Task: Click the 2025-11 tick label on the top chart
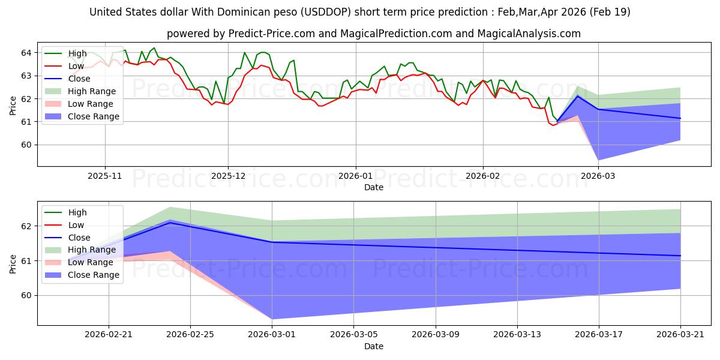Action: [x=105, y=176]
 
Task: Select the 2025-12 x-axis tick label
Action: [x=228, y=176]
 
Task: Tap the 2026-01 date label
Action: [x=355, y=176]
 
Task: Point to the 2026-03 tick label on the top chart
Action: [x=598, y=176]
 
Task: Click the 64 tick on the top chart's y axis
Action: [x=26, y=53]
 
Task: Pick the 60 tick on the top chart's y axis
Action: [x=26, y=145]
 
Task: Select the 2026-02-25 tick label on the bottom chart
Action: [x=190, y=335]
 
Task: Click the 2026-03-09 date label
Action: [x=436, y=335]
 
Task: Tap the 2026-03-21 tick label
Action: [x=680, y=335]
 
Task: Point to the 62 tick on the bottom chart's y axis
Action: [x=26, y=226]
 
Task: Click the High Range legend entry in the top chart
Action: [x=80, y=91]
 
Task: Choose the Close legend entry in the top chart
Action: [x=67, y=79]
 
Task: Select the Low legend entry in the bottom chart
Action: [x=64, y=225]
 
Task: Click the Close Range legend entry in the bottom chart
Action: [x=82, y=275]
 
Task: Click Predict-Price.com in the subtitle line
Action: [x=271, y=34]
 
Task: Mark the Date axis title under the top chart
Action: [x=373, y=187]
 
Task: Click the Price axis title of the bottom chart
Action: [x=13, y=264]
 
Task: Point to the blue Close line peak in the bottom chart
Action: [x=170, y=223]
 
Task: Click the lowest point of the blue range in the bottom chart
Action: [x=272, y=319]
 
